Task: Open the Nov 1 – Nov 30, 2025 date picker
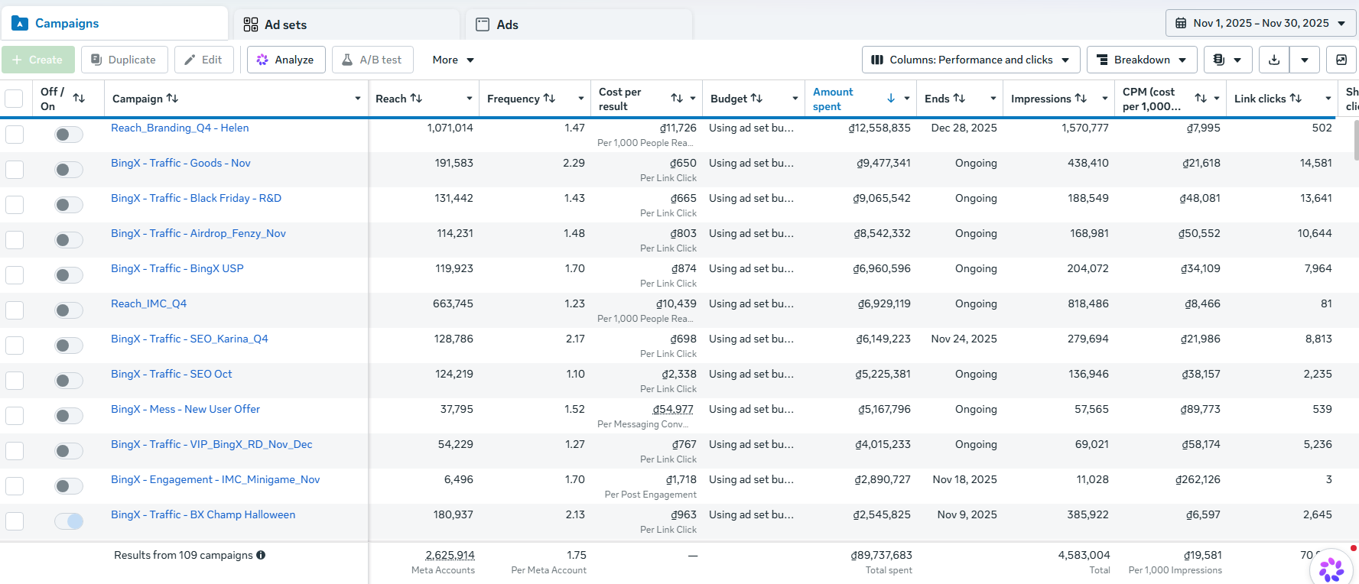(1260, 23)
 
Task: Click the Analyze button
(286, 60)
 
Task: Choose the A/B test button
(372, 60)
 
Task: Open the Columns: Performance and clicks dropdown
(970, 60)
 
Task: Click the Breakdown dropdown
(1142, 60)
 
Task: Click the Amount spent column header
(833, 99)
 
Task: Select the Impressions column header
(1041, 99)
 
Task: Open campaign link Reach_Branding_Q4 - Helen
(180, 128)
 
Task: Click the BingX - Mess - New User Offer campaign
(185, 409)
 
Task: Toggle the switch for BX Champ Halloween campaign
(69, 521)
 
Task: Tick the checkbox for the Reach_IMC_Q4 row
(15, 310)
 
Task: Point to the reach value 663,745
(453, 303)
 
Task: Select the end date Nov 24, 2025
(964, 339)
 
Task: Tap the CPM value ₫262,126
(1198, 479)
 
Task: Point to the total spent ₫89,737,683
(881, 555)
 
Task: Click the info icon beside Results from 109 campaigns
(261, 555)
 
